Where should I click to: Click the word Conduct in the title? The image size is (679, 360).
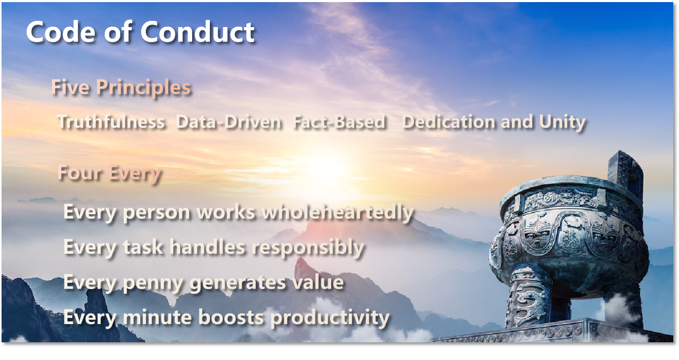pos(197,32)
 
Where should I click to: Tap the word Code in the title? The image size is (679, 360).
pos(60,32)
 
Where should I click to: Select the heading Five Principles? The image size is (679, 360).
pos(121,88)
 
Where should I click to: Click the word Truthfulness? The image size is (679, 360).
pos(111,122)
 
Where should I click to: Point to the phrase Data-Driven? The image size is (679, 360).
pos(229,122)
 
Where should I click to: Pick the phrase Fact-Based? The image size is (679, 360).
pos(340,122)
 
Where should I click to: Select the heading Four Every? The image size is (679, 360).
pos(109,173)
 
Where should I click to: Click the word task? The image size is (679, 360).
pos(143,247)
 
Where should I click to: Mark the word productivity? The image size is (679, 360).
pos(330,318)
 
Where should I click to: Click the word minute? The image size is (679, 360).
pos(157,317)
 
